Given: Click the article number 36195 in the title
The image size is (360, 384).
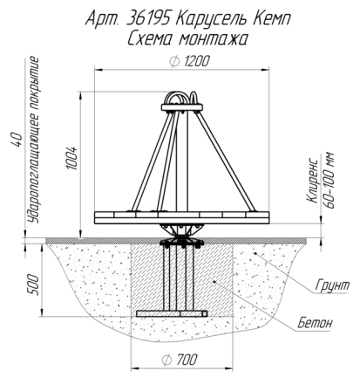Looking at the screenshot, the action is [x=149, y=19].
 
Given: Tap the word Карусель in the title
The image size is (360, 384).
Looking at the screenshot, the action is [x=212, y=20].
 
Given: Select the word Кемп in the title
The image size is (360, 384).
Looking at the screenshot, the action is [x=272, y=19].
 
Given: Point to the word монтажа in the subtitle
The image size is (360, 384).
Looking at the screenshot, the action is [x=213, y=39].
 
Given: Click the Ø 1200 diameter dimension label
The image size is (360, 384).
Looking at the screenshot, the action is [x=189, y=61].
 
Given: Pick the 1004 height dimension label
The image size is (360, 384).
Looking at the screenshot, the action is [x=72, y=158].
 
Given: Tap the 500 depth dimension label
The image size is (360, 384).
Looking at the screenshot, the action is [x=33, y=285].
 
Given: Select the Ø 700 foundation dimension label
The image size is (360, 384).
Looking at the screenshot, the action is [x=180, y=360].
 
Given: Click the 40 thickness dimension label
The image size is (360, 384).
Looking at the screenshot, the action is [x=17, y=140].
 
